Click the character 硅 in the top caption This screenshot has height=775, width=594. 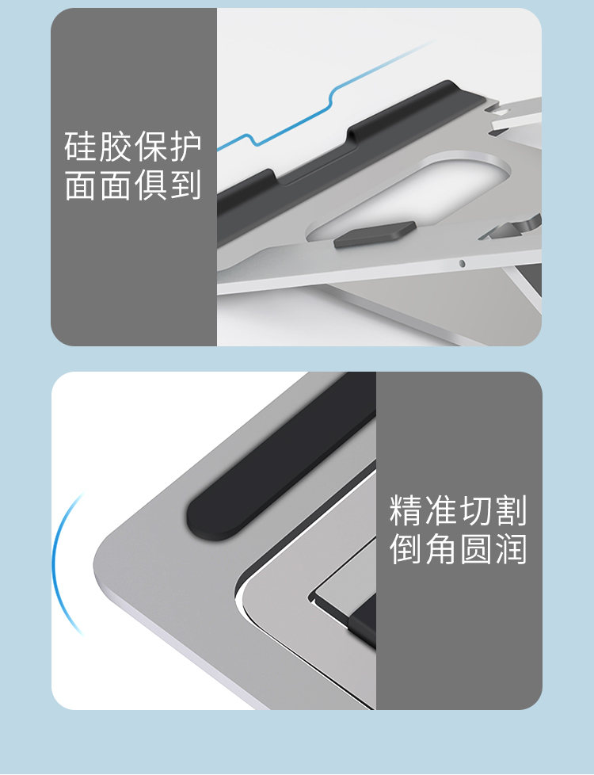pos(81,147)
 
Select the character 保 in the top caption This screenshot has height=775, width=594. pos(151,147)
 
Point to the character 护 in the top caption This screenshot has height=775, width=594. pos(186,147)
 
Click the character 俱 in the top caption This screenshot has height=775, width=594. pos(151,185)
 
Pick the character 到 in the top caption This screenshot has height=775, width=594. pos(186,185)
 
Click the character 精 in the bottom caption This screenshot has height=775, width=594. pos(406,510)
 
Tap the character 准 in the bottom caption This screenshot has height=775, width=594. pos(441,510)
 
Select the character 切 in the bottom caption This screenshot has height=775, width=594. pos(476,510)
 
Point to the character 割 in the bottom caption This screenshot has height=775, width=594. pos(511,510)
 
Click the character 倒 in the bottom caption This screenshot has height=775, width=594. pos(406,548)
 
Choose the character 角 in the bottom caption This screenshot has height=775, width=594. pos(441,548)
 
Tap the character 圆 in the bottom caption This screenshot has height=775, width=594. pos(476,548)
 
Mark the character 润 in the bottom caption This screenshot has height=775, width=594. pos(511,548)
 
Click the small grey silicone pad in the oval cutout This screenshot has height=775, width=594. pos(374,235)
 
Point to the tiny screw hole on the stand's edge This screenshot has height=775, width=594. pos(462,263)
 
